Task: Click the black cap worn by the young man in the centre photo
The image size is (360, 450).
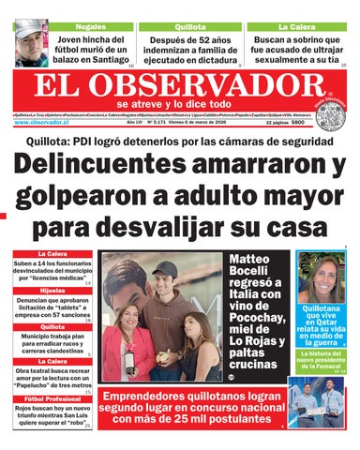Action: (x=165, y=269)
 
